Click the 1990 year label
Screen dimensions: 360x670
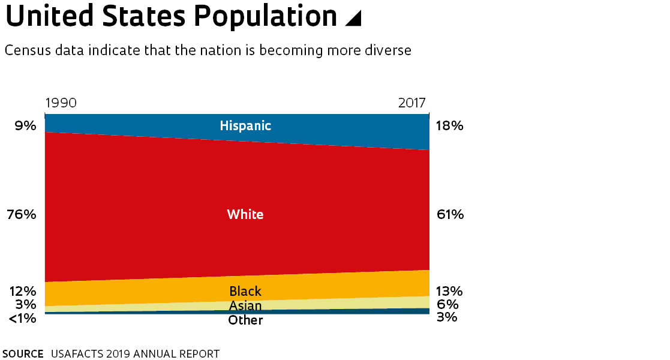pos(61,103)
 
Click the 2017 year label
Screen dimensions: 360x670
pos(412,103)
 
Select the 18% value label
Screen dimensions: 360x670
pos(449,126)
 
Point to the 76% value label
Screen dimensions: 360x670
pos(22,214)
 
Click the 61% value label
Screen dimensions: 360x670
pos(449,214)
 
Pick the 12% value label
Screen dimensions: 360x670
pos(23,291)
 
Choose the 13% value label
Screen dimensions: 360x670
pos(449,291)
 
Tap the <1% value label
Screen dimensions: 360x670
pos(23,318)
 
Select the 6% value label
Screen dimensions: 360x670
pos(447,304)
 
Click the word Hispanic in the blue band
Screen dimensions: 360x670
pos(245,126)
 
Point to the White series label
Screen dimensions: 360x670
pos(245,214)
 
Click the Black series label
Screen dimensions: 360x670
pos(245,291)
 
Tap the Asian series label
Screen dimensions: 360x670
pos(245,306)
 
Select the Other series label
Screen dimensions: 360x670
pos(245,320)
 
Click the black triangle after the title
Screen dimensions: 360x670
pos(354,18)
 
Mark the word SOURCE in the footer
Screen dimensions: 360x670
pos(23,353)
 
